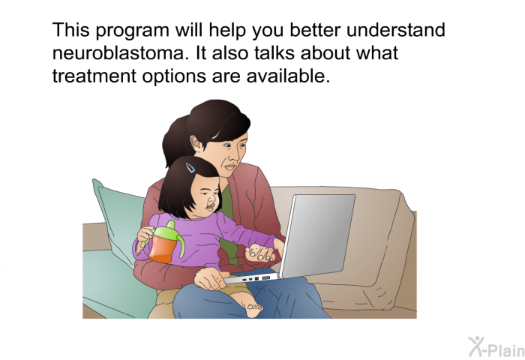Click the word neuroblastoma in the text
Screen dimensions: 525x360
118,53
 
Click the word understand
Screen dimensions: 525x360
396,30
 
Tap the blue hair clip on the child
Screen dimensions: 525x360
190,167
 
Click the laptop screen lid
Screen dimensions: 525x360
316,235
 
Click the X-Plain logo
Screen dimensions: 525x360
496,347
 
